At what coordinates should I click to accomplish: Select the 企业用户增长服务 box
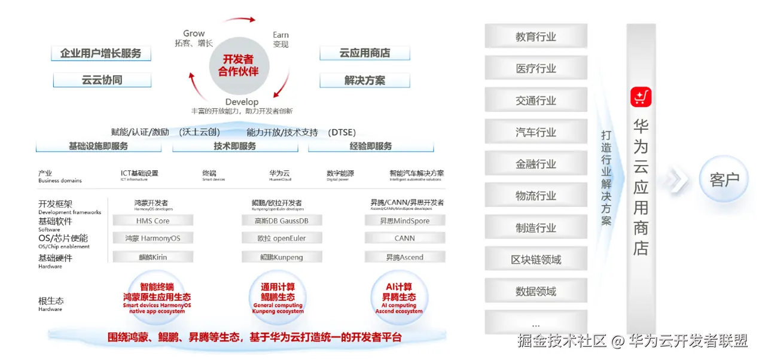tap(100, 53)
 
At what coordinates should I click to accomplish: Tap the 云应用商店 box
tap(365, 53)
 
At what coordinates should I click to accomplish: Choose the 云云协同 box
tap(102, 80)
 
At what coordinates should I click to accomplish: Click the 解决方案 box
tap(365, 80)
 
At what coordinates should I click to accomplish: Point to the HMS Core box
tap(153, 221)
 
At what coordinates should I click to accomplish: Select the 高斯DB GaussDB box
tap(282, 221)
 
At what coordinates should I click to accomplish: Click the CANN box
tap(405, 238)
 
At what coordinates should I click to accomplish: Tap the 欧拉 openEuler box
tap(282, 238)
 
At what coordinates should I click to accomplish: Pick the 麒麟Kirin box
tap(153, 257)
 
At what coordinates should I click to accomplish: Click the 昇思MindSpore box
tap(405, 221)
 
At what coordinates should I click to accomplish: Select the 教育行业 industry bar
tap(536, 36)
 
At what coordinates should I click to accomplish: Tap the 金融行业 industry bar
tap(536, 164)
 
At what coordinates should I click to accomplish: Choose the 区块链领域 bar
tap(536, 260)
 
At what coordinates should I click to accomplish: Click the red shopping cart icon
tap(641, 97)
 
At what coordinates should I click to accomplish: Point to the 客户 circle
tap(724, 179)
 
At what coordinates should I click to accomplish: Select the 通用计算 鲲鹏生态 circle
tap(278, 297)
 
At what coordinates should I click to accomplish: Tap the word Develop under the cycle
tap(242, 102)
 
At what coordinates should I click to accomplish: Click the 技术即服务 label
tap(235, 146)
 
